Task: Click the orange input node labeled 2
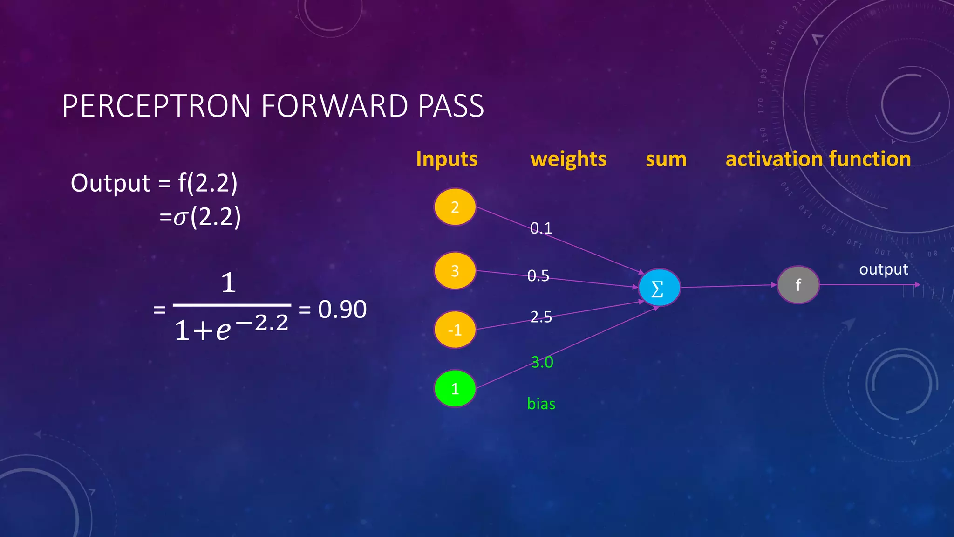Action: tap(455, 207)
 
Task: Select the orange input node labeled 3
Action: tap(455, 271)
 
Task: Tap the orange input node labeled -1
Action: tap(455, 330)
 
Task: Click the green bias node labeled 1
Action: tap(455, 389)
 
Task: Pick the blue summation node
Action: tap(659, 288)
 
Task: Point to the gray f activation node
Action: tap(798, 285)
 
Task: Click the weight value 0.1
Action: tap(541, 228)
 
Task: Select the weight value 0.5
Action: tap(538, 276)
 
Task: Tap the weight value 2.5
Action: tap(541, 317)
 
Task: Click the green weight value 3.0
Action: tap(542, 362)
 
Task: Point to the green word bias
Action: tap(541, 404)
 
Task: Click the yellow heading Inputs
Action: tap(447, 159)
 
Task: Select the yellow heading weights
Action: tap(568, 159)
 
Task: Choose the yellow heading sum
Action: tap(666, 159)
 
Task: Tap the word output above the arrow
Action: tap(883, 269)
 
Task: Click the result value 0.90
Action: tap(342, 309)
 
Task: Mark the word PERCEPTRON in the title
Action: tap(157, 106)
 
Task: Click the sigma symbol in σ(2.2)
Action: tap(180, 218)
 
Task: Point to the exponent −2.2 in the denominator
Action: tap(263, 323)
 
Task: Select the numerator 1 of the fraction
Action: tap(228, 283)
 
